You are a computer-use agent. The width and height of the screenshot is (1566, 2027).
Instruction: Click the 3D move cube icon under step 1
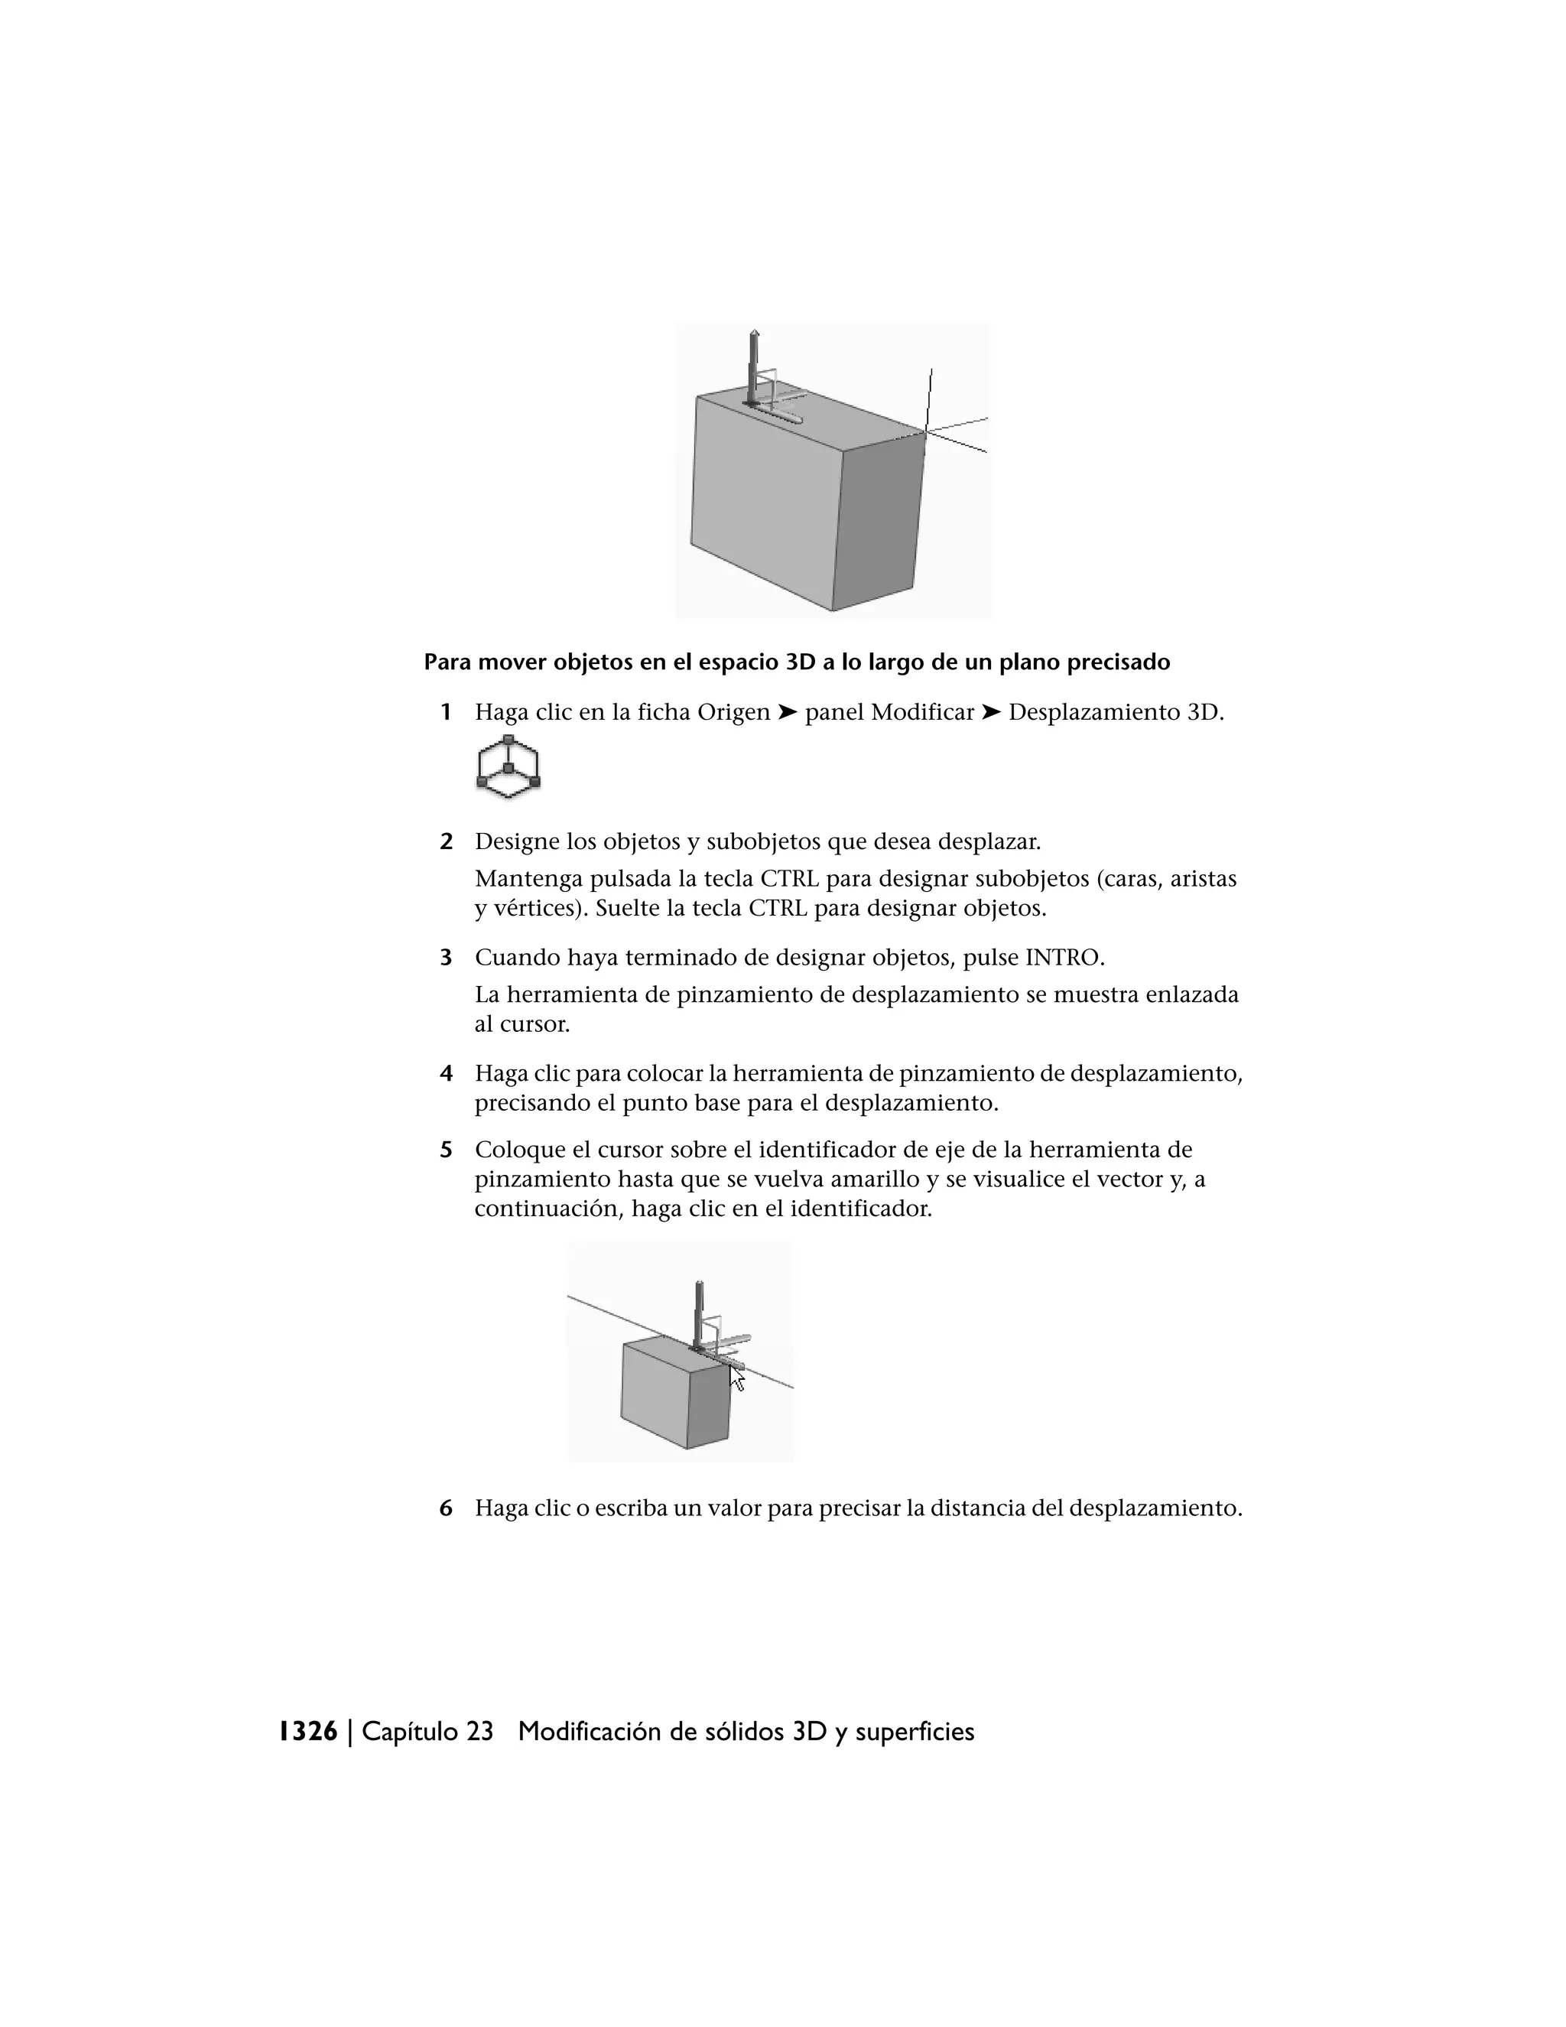tap(508, 767)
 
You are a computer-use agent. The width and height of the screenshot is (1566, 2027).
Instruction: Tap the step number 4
tap(447, 1074)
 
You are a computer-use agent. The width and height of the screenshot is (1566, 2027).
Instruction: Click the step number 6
tap(447, 1508)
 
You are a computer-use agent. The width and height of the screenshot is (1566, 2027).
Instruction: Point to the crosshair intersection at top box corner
tap(926, 431)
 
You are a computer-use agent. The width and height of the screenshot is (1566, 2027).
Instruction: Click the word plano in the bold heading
tap(1032, 662)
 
